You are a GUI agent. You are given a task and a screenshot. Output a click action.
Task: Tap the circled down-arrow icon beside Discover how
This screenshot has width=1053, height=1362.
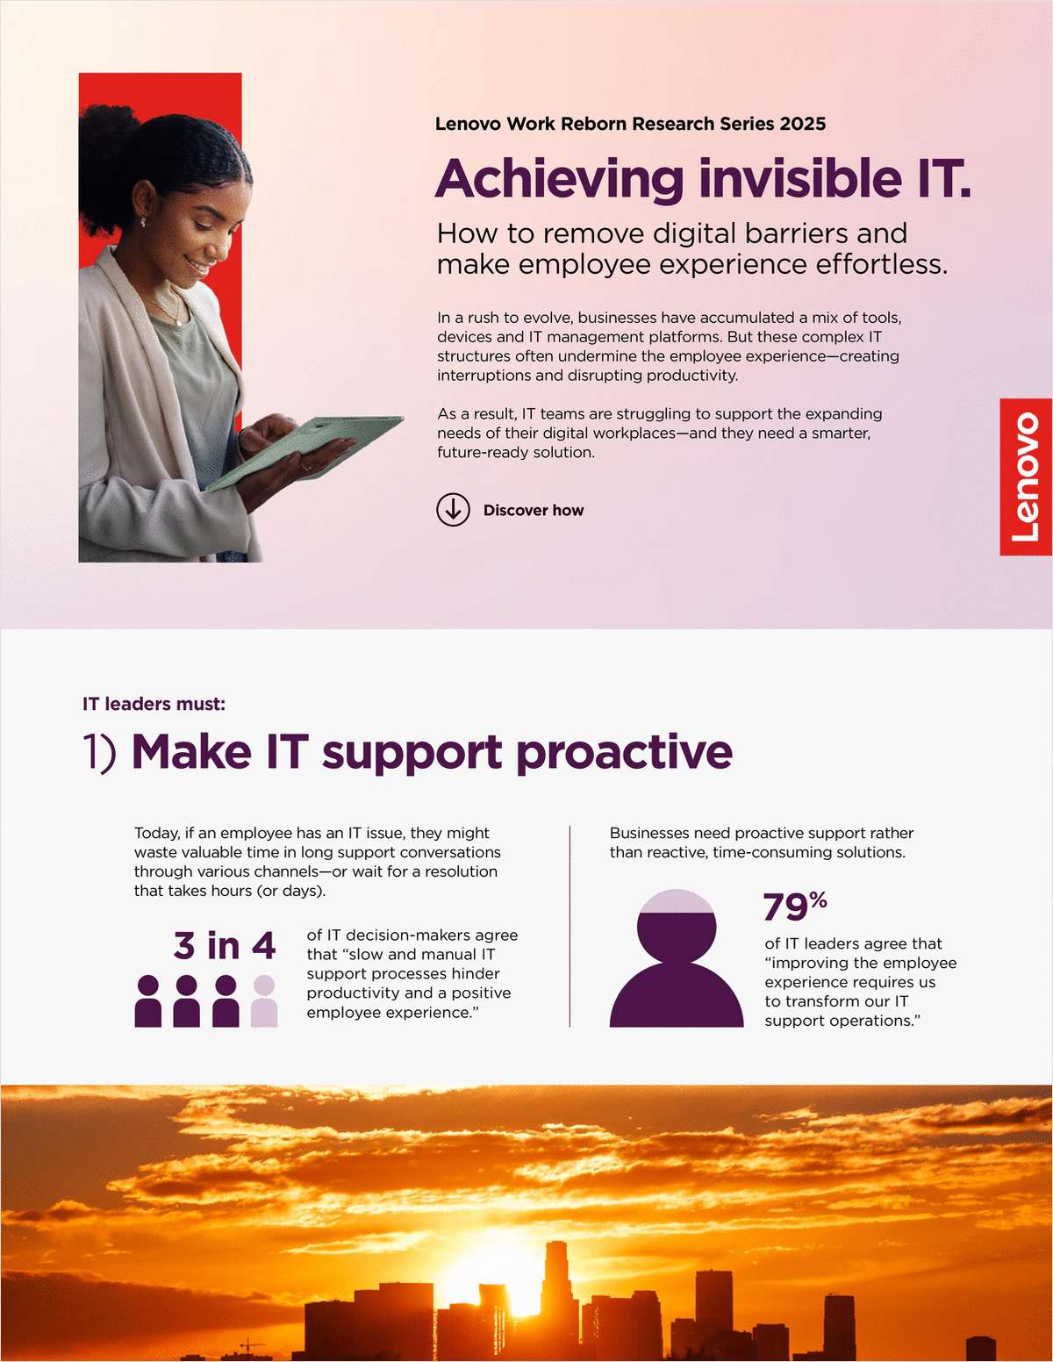tap(453, 510)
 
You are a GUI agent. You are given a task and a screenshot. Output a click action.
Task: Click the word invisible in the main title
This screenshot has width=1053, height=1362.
tap(800, 179)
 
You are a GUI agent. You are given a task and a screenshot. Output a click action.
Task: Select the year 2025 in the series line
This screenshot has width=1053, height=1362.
tap(802, 124)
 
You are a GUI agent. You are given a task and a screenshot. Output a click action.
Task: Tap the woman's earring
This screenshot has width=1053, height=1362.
tap(143, 223)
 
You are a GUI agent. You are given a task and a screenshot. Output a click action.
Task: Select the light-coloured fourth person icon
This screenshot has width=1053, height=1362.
tap(264, 1000)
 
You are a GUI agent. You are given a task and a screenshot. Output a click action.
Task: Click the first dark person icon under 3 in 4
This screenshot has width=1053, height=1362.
tap(148, 1000)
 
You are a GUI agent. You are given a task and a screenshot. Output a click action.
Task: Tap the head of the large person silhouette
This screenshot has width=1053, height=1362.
tap(676, 927)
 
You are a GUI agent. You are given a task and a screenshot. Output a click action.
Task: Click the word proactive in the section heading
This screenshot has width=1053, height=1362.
tap(624, 753)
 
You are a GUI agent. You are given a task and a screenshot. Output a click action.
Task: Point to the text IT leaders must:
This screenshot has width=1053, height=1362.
tap(154, 704)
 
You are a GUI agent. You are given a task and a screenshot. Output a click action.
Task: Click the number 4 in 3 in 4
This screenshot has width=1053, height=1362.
tap(263, 946)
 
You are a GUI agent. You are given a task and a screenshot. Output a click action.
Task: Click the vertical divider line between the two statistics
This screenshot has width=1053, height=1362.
tap(569, 926)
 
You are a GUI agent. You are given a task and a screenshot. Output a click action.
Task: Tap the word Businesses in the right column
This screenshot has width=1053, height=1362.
tap(650, 833)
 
